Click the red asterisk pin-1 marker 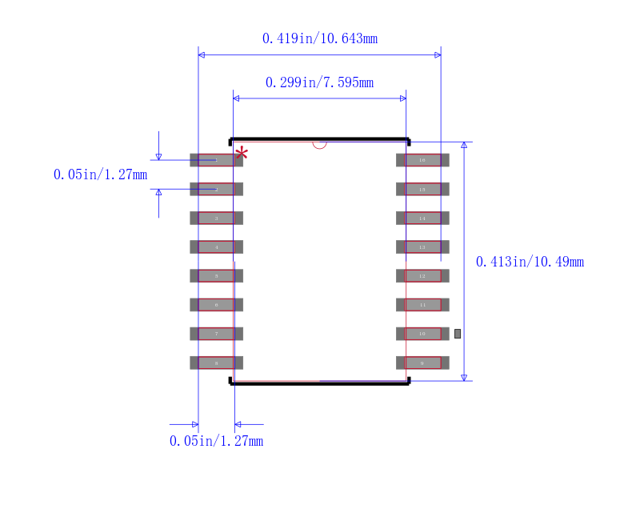pyautogui.click(x=241, y=153)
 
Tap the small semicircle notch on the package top pyautogui.click(x=319, y=145)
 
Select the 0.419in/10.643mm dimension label pyautogui.click(x=319, y=38)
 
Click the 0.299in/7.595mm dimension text pyautogui.click(x=319, y=82)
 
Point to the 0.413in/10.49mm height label pyautogui.click(x=530, y=262)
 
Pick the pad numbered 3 pyautogui.click(x=216, y=218)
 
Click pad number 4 pyautogui.click(x=216, y=247)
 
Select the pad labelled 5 pyautogui.click(x=216, y=276)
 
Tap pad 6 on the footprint pyautogui.click(x=216, y=305)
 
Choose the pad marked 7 pyautogui.click(x=216, y=334)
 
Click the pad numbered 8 pyautogui.click(x=216, y=363)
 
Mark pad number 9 pyautogui.click(x=422, y=363)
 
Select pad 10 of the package pyautogui.click(x=422, y=334)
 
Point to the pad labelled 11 pyautogui.click(x=422, y=305)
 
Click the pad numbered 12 pyautogui.click(x=422, y=276)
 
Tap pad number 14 pyautogui.click(x=422, y=218)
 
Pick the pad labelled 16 pyautogui.click(x=422, y=160)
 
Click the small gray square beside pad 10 pyautogui.click(x=458, y=333)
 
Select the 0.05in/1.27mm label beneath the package pyautogui.click(x=216, y=441)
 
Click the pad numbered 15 pyautogui.click(x=422, y=189)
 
